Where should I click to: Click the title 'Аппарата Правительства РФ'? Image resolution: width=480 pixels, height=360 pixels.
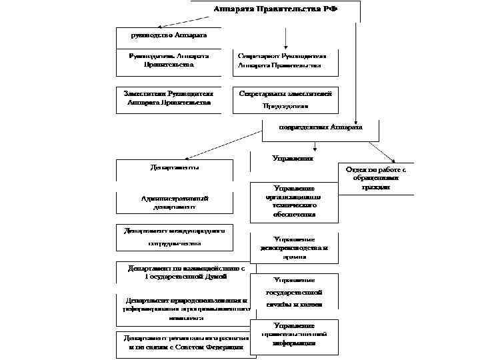click(x=275, y=9)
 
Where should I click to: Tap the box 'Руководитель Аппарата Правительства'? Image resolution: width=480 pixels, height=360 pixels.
click(x=169, y=60)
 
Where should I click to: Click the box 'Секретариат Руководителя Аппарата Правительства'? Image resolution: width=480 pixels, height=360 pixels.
click(x=280, y=61)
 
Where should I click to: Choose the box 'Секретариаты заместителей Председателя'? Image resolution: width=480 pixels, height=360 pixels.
click(x=285, y=99)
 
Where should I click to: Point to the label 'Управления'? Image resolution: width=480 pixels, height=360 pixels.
click(x=293, y=158)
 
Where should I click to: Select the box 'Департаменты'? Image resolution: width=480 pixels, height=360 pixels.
click(x=175, y=168)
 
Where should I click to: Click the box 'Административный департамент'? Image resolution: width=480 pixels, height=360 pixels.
click(x=175, y=202)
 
